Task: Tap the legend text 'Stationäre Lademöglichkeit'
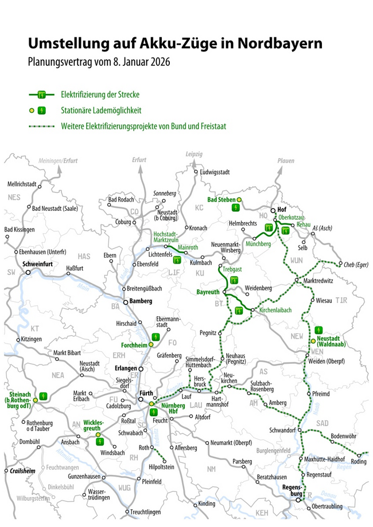[x=101, y=110]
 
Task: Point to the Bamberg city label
[x=139, y=301]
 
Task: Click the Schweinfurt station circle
[x=28, y=272]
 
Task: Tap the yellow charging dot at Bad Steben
[x=240, y=199]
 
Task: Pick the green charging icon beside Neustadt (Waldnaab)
[x=317, y=329]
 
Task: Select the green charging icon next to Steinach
[x=44, y=395]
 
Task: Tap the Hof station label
[x=281, y=210]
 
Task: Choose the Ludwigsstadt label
[x=217, y=172]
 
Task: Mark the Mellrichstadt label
[x=22, y=184]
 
